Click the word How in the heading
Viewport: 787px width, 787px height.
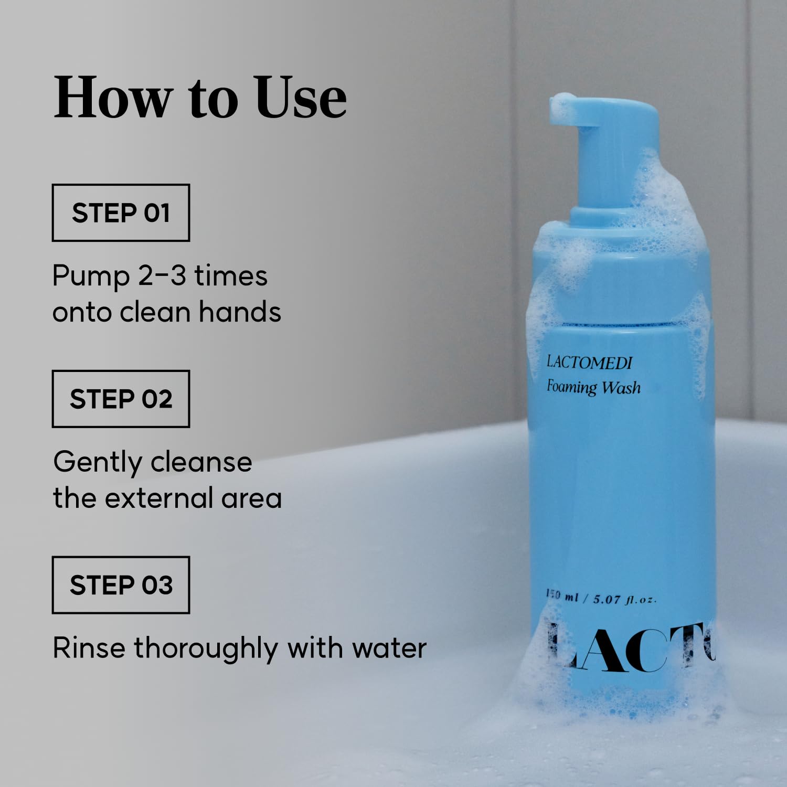113,98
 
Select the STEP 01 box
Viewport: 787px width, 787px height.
121,212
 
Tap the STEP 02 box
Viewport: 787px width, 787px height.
121,399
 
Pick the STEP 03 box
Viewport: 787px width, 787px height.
121,585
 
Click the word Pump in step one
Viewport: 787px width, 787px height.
91,277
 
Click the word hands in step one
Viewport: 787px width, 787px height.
240,312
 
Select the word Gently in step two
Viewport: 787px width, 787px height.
98,463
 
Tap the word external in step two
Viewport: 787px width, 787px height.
159,498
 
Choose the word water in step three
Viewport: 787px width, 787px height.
389,648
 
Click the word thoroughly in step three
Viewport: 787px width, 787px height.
206,649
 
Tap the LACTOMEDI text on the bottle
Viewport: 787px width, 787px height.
590,362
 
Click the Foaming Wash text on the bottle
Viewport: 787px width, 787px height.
593,387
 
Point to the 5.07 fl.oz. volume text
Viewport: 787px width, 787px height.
624,599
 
